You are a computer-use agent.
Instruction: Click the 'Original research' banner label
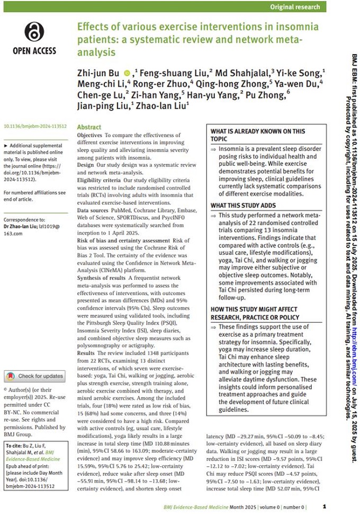coord(295,7)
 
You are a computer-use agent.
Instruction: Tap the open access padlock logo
coord(33,32)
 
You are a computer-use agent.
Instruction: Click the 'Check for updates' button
coord(35,376)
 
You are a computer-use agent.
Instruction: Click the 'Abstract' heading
coord(89,128)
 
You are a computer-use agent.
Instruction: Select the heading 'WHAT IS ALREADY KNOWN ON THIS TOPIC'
coord(258,135)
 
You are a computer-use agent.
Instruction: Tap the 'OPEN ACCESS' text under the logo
coord(33,51)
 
